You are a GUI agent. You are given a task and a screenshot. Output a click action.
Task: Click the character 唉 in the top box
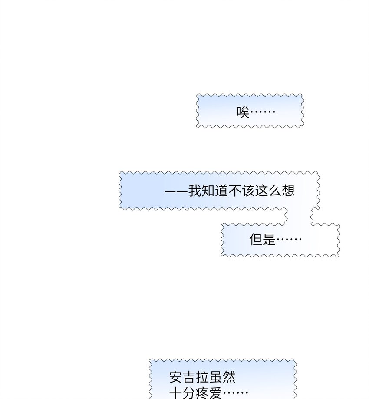point(243,112)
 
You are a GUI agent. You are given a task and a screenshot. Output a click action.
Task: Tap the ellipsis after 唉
point(263,112)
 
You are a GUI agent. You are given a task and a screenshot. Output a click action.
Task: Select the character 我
point(195,191)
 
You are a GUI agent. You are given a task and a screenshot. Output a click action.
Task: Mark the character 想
point(288,191)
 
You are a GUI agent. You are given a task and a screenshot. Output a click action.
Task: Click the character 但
point(256,239)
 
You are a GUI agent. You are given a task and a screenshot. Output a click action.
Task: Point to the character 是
point(269,239)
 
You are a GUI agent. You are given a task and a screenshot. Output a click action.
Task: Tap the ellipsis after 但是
point(289,240)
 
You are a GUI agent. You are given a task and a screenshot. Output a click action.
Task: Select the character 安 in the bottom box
point(176,377)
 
